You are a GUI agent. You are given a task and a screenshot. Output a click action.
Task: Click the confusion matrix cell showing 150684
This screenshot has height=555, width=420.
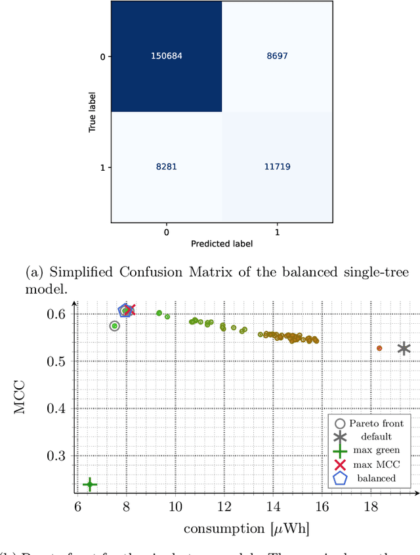(166, 56)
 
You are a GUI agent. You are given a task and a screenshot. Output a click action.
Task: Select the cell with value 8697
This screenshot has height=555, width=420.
(277, 56)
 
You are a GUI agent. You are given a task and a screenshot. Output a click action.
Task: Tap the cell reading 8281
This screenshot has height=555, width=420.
(166, 167)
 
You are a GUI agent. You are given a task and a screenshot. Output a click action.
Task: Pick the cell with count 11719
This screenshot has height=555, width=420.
(277, 167)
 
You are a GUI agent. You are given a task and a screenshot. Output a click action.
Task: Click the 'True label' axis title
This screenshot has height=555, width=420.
(93, 112)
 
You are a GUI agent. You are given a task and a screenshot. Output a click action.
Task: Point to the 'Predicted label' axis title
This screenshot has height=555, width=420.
(222, 244)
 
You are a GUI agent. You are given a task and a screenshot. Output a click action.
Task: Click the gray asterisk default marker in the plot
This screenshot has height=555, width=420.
(404, 349)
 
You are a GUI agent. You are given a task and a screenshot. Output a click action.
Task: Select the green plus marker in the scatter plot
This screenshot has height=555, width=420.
(89, 485)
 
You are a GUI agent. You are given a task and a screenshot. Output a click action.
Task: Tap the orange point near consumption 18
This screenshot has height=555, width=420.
(379, 348)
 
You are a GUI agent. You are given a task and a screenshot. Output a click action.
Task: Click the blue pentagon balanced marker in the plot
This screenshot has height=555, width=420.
(124, 311)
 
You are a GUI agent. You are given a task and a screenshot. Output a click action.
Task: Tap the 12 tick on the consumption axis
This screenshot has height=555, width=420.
(224, 506)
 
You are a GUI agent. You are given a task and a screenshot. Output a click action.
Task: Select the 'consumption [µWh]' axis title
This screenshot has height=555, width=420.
(246, 529)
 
